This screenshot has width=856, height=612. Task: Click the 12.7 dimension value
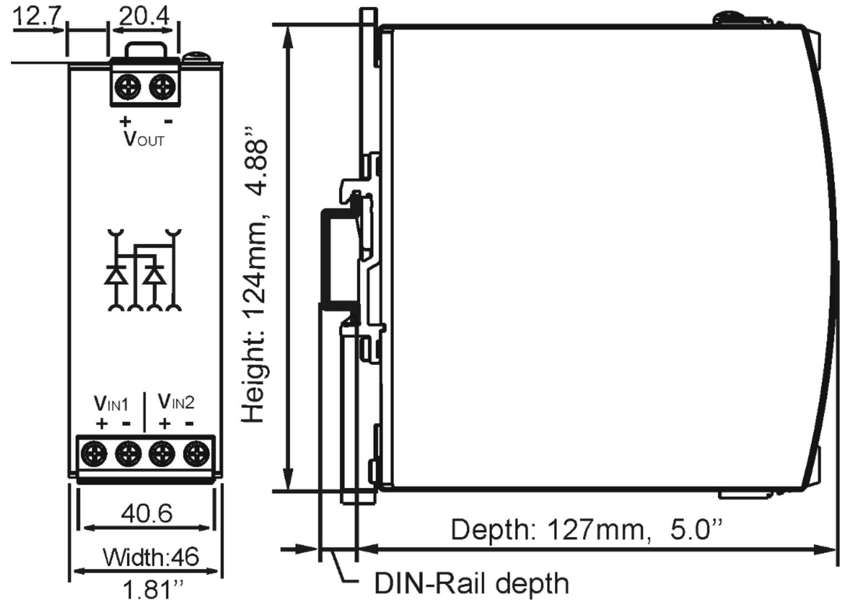tap(35, 15)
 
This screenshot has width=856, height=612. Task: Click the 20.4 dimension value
tap(144, 15)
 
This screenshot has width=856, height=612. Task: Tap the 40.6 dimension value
tap(146, 513)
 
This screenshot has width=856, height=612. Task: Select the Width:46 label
tap(151, 557)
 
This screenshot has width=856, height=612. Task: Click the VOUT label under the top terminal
tap(144, 139)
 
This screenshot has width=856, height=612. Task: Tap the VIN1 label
tap(111, 403)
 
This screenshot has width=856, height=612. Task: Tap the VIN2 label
tap(176, 402)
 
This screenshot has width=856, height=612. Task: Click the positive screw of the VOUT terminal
tap(127, 87)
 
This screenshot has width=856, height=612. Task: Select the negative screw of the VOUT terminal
tap(162, 87)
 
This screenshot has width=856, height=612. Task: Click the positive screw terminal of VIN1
tap(94, 454)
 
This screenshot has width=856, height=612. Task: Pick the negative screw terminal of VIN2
tap(196, 454)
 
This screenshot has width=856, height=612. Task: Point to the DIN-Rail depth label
tap(471, 583)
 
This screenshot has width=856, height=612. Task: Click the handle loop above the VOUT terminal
tap(147, 49)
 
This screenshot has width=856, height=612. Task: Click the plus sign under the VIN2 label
tap(164, 424)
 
